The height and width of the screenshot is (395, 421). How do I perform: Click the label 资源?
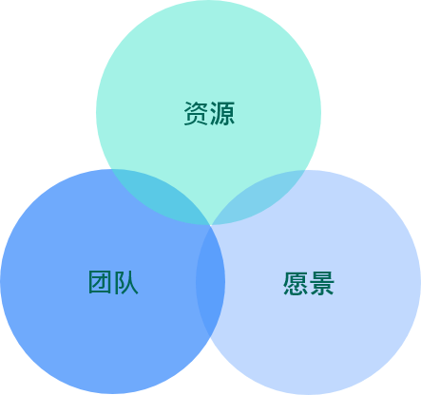click(209, 113)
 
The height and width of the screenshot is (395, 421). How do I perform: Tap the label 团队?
click(113, 282)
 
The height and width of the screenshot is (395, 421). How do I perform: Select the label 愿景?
click(309, 283)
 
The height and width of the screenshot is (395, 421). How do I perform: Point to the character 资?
click(196, 113)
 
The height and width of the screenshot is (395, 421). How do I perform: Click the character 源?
click(222, 113)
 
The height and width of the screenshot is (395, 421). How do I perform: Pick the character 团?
click(100, 282)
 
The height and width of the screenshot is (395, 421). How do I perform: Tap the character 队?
click(126, 282)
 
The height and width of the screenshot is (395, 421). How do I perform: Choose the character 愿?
click(296, 283)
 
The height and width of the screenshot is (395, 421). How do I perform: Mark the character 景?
click(322, 283)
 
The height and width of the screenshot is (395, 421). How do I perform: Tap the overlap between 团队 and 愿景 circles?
click(210, 281)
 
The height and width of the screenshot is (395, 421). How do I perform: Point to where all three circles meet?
click(210, 225)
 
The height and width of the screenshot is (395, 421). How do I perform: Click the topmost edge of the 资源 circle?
click(208, 0)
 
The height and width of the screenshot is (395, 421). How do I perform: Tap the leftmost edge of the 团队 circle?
click(0, 281)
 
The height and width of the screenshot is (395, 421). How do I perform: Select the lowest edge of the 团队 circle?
click(113, 394)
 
